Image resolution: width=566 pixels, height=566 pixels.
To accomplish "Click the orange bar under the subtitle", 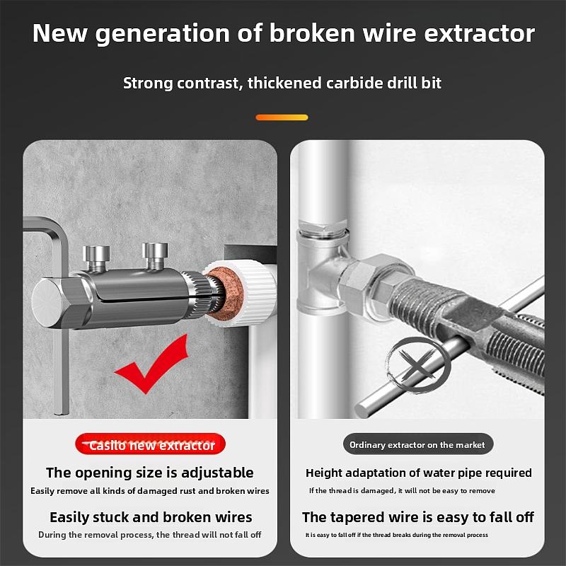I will click(282, 117).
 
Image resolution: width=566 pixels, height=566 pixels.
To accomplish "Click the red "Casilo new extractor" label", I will click(151, 445).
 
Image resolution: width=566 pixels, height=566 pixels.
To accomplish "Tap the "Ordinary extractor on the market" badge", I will click(417, 444).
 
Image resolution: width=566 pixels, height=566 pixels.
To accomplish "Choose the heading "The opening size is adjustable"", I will click(149, 473).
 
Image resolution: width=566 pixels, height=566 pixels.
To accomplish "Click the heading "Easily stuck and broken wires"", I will click(151, 517).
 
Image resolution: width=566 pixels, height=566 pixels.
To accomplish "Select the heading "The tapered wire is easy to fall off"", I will click(417, 517).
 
